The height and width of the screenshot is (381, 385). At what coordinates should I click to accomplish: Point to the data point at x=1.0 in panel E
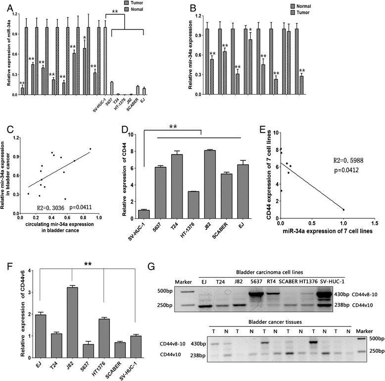(343, 209)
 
